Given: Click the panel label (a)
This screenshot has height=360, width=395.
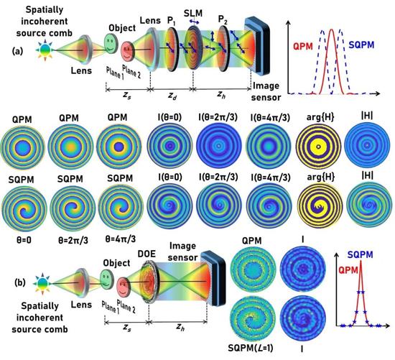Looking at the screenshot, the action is click(x=18, y=51).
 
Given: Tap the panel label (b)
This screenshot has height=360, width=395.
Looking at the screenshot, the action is click(x=20, y=282).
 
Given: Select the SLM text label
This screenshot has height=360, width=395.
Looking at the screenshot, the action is click(x=193, y=13).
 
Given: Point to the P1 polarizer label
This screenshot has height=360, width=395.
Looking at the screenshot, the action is click(x=172, y=21).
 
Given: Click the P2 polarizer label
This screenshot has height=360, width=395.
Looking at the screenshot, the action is click(x=223, y=19).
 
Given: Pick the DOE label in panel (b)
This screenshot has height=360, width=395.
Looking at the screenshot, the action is click(x=147, y=254).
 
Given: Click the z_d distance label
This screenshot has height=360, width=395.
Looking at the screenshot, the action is click(x=172, y=96).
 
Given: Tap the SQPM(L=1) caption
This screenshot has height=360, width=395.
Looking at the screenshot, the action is click(x=251, y=349).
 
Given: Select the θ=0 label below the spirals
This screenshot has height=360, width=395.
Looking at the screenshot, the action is click(x=23, y=240).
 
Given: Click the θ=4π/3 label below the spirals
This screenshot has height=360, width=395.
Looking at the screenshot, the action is click(x=121, y=239).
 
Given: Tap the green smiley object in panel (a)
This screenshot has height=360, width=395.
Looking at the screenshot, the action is click(x=111, y=43).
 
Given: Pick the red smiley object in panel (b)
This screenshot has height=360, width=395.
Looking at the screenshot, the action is click(x=123, y=287).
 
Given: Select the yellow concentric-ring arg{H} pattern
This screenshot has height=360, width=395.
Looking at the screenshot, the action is click(x=318, y=147).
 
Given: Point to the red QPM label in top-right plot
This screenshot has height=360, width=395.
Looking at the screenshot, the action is click(x=303, y=47).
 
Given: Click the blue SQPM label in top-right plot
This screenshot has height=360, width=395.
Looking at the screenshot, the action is click(x=361, y=45).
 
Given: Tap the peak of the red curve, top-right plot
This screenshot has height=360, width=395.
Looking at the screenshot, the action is click(x=332, y=29).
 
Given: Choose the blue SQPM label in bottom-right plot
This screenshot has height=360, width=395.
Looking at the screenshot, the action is click(x=361, y=255).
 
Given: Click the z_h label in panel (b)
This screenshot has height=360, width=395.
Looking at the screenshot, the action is click(x=180, y=327).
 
